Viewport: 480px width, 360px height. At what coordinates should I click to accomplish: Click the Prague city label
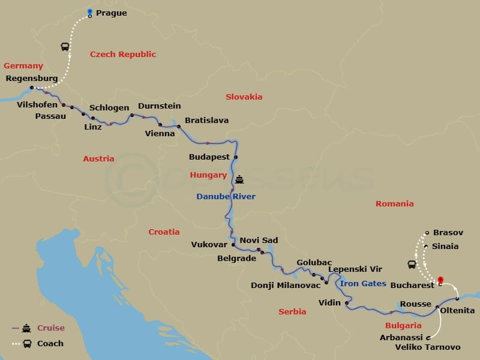coord(111,13)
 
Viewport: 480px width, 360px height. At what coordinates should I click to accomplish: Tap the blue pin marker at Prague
coord(90,11)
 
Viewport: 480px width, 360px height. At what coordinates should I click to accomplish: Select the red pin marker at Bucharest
coord(440,280)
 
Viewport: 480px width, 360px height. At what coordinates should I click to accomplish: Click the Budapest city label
coord(209,157)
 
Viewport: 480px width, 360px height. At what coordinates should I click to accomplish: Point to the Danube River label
coord(226,196)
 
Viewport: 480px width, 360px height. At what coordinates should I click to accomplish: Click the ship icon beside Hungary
coord(239,178)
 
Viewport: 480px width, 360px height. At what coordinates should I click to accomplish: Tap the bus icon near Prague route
coord(65,47)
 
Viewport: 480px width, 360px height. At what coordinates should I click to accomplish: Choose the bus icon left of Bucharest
coord(412,264)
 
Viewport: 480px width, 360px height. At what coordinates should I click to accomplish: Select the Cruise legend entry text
coord(51,328)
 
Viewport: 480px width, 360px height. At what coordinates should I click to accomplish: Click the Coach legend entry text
coord(50,344)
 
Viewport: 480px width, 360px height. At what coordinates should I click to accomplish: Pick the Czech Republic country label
coord(123,55)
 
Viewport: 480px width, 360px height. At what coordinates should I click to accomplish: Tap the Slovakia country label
coord(244,97)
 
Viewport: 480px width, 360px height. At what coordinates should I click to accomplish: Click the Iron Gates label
coord(363,283)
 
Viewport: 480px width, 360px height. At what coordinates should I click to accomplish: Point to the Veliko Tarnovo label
coord(428,347)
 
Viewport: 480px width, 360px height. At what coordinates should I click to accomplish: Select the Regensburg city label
coord(31,79)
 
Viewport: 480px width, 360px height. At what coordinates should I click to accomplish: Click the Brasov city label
coord(445,232)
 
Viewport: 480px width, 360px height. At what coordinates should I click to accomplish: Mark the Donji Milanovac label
coord(284,285)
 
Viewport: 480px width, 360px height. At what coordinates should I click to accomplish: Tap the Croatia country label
coord(164,232)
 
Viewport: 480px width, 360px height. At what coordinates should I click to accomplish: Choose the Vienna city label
coord(160,133)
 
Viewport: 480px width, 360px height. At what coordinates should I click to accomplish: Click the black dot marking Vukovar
coord(233,245)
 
